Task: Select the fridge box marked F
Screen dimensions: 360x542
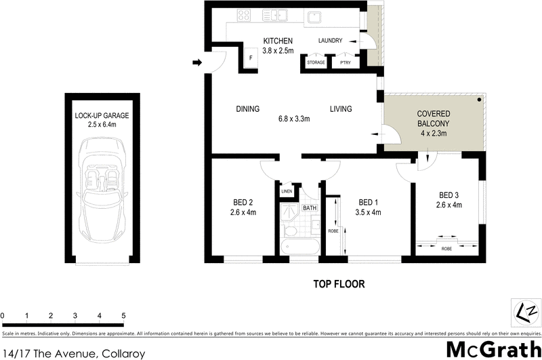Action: tap(251, 59)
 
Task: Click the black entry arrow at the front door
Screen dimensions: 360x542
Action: tap(197, 63)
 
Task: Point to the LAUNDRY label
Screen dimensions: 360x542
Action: tap(331, 40)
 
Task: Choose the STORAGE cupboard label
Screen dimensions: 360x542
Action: tap(316, 62)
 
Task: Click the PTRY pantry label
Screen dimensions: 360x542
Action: tap(346, 62)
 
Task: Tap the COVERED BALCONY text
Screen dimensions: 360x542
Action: tap(434, 119)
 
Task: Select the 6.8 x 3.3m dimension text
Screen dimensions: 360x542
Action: tap(294, 119)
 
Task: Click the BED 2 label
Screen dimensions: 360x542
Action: tap(243, 202)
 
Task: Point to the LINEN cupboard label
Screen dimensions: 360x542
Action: tap(286, 192)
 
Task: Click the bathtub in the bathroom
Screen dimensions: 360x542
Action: tap(299, 247)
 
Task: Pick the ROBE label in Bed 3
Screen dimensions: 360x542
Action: tap(446, 249)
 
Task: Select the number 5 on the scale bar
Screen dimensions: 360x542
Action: tap(123, 316)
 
